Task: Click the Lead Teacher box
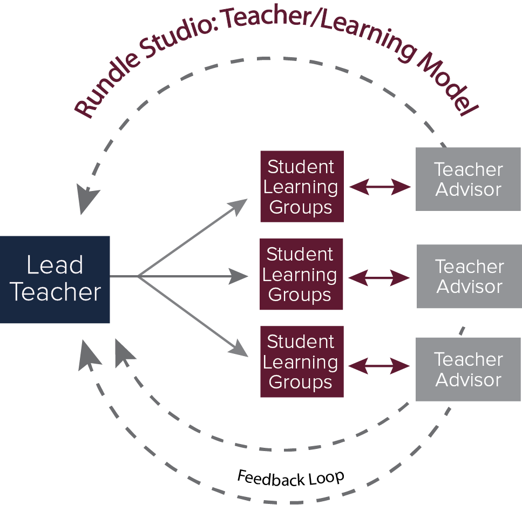point(55,279)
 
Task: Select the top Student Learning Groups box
point(302,186)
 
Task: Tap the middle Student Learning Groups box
point(301,274)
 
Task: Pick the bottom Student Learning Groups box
point(302,361)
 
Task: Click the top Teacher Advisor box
point(468,179)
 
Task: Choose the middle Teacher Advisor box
point(470,276)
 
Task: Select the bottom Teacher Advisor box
point(468,369)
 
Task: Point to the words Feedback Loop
point(290,479)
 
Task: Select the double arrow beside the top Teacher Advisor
point(380,187)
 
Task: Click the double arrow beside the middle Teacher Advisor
point(379,278)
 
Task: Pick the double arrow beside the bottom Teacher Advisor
point(379,366)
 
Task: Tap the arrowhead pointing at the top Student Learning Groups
point(239,206)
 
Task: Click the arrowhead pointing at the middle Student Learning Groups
point(239,276)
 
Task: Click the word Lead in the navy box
point(55,265)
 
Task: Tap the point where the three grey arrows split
point(139,276)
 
